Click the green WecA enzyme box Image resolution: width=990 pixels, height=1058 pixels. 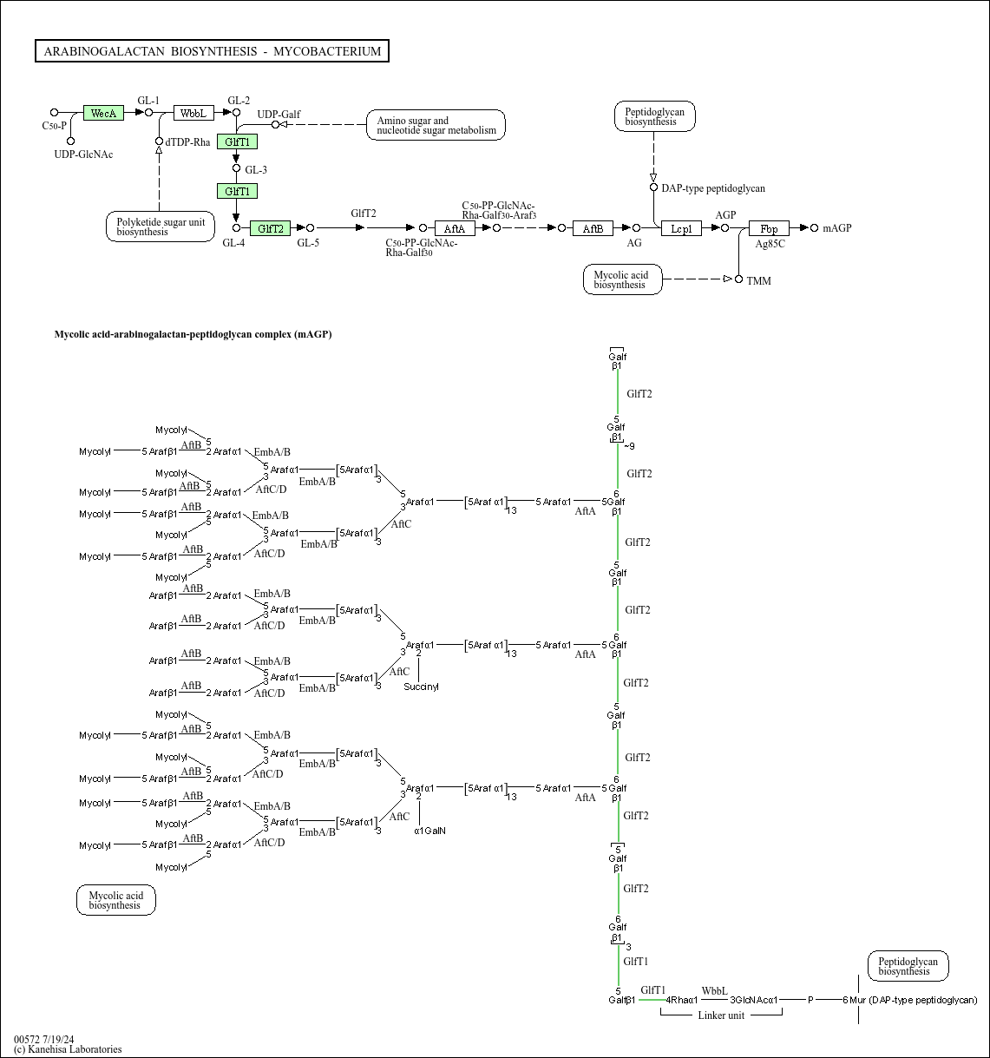(103, 113)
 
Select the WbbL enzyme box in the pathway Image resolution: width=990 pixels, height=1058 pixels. (193, 113)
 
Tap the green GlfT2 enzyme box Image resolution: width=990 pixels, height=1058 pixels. (270, 228)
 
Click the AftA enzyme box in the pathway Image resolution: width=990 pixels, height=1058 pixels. (455, 228)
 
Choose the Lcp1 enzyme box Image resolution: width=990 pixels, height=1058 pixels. (681, 228)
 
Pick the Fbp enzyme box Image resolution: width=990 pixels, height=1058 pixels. (769, 228)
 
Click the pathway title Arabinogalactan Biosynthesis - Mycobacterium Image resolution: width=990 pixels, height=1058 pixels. (212, 51)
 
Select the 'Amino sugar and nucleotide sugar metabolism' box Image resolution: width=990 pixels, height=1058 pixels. (436, 125)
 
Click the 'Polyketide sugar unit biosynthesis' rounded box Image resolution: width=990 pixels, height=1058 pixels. (161, 227)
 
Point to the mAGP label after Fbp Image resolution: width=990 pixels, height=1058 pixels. (837, 228)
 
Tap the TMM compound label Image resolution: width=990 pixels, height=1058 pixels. (758, 280)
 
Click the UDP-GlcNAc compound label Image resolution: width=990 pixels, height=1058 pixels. (83, 154)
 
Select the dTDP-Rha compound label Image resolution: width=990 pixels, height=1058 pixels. (188, 142)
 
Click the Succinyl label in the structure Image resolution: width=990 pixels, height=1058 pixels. (421, 687)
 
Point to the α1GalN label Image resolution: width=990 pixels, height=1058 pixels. (429, 831)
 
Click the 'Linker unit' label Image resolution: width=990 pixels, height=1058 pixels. (721, 1015)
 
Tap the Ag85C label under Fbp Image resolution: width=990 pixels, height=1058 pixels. (770, 244)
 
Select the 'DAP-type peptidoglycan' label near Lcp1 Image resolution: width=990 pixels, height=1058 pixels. (713, 188)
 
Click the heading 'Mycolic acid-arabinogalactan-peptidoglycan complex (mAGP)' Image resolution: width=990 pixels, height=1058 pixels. (193, 334)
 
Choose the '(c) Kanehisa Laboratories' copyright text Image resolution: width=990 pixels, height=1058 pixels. (68, 1049)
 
